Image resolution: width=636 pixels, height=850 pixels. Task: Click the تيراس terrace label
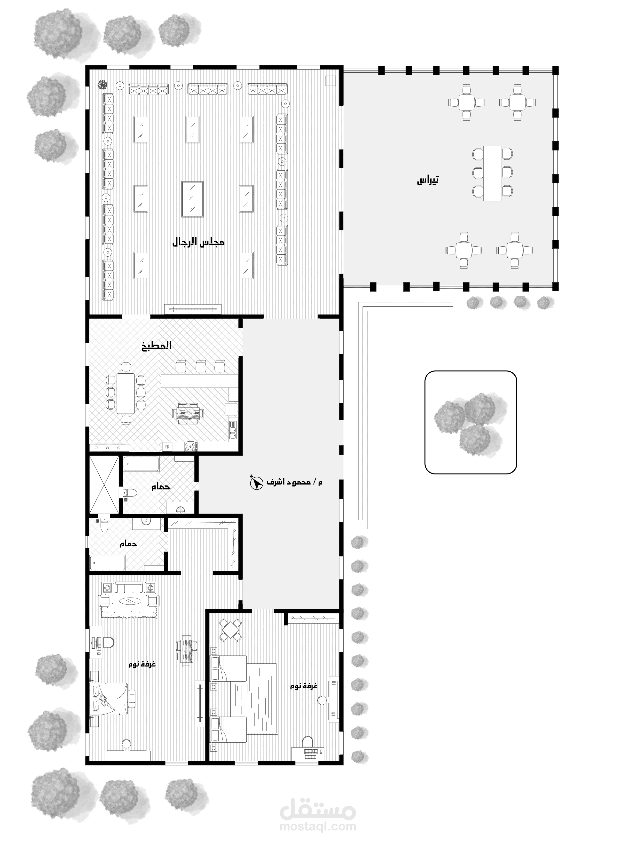428,180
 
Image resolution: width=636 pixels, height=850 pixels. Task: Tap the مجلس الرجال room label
198,242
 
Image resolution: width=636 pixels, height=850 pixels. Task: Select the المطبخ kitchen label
159,345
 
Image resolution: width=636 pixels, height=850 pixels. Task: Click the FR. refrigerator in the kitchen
168,447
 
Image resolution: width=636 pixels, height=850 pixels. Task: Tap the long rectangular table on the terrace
493,173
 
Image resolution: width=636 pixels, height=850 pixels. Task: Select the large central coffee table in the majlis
193,199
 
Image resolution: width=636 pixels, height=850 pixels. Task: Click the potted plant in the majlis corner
102,84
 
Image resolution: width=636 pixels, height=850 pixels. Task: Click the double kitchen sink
233,430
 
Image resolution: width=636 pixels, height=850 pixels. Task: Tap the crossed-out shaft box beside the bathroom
104,485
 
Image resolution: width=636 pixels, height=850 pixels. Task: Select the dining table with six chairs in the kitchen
126,393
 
